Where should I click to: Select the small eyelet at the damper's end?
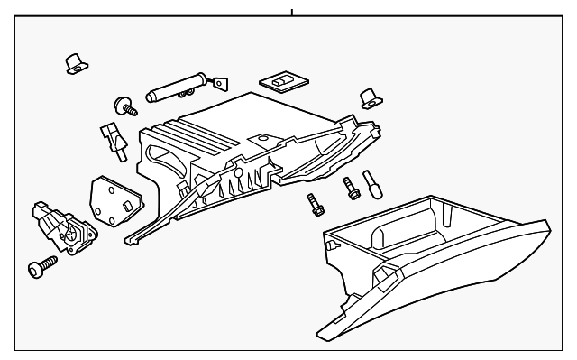(219, 82)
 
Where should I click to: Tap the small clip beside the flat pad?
(368, 97)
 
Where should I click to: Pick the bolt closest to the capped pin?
(348, 189)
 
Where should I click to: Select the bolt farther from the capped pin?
(315, 203)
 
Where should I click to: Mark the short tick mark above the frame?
(292, 13)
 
